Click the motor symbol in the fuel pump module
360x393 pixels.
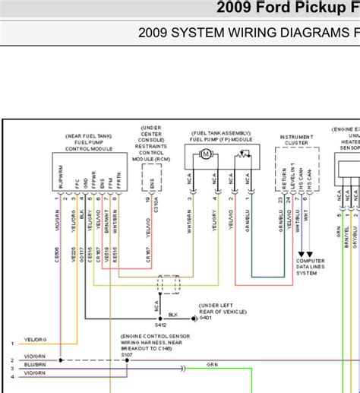pyautogui.click(x=205, y=154)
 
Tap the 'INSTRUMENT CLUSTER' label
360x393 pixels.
pyautogui.click(x=296, y=139)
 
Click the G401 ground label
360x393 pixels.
pyautogui.click(x=206, y=318)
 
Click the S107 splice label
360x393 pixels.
pyautogui.click(x=127, y=353)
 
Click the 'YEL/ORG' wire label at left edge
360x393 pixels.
pyautogui.click(x=35, y=340)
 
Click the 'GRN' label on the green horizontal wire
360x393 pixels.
pyautogui.click(x=213, y=366)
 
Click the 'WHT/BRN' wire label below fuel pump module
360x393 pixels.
pyautogui.click(x=190, y=217)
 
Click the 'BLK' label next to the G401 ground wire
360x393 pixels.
pyautogui.click(x=172, y=314)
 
